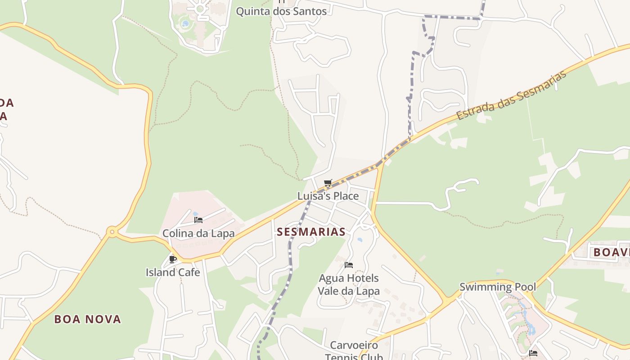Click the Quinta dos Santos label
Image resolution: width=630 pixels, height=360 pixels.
[x=281, y=11]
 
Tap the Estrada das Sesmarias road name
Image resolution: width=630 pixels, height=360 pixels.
[x=511, y=95]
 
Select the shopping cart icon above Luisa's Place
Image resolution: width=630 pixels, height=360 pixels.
[x=328, y=183]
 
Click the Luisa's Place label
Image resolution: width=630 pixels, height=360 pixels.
[x=328, y=196]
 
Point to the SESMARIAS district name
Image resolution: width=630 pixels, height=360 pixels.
[x=311, y=232]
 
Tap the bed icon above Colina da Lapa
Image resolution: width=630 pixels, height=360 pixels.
[x=198, y=220]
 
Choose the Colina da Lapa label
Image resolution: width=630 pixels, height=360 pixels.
[x=198, y=233]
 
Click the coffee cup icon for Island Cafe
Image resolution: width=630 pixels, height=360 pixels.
[x=173, y=259]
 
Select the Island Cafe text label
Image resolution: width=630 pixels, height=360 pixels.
[x=173, y=272]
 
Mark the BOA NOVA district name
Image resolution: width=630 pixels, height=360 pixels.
[x=88, y=319]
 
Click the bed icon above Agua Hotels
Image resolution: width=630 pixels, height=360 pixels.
[x=349, y=265]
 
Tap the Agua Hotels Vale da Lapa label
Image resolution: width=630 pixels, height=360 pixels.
[x=349, y=284]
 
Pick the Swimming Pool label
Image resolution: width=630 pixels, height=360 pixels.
[x=498, y=287]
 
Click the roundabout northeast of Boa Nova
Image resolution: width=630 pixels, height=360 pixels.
[x=112, y=232]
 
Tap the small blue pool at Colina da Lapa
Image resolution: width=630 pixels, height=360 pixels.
[x=195, y=214]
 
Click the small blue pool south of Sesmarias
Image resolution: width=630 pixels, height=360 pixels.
[x=360, y=240]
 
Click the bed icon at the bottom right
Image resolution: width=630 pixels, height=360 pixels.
[x=533, y=353]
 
